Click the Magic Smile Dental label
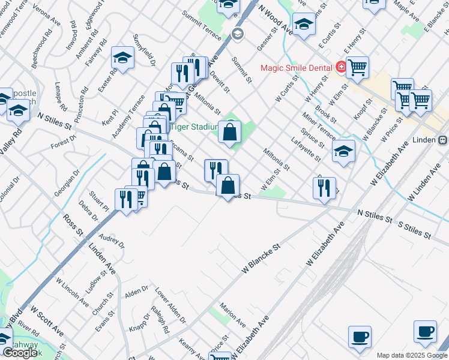[298, 67]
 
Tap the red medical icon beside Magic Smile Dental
[340, 67]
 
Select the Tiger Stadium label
[193, 127]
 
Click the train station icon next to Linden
[442, 140]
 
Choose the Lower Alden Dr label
[170, 305]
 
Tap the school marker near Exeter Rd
[122, 59]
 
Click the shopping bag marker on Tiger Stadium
[230, 133]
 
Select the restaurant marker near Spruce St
[324, 188]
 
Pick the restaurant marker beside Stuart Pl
[126, 198]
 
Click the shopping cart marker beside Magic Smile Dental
[357, 67]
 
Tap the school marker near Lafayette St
[343, 151]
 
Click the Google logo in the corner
[20, 353]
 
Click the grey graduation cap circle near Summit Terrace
[237, 34]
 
